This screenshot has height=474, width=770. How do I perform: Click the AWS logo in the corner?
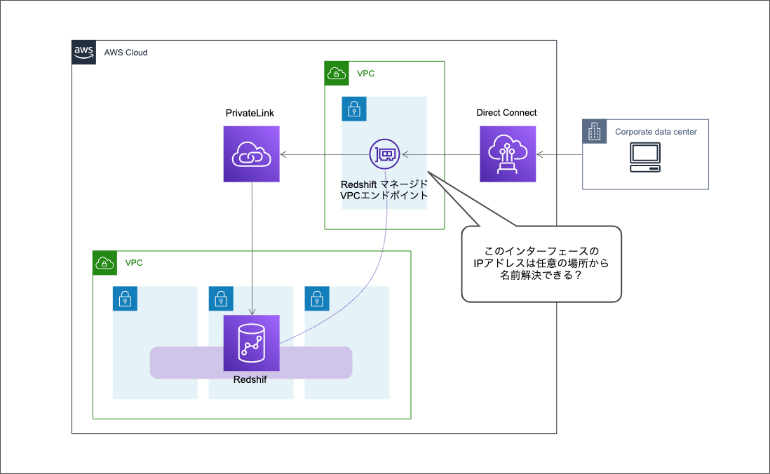click(84, 53)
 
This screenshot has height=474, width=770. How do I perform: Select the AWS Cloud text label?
click(126, 53)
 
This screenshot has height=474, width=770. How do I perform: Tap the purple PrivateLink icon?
click(251, 154)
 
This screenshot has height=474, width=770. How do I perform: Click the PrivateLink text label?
click(250, 113)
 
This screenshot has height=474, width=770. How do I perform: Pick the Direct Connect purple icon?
click(508, 154)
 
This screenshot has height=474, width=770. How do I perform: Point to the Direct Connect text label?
click(506, 113)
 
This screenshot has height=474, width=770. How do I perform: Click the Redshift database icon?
click(251, 343)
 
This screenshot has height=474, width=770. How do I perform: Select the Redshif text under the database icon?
click(250, 379)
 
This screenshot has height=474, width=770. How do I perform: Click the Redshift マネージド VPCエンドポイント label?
click(384, 189)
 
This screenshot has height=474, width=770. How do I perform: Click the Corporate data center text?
click(656, 132)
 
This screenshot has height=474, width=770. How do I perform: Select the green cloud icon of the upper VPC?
click(337, 74)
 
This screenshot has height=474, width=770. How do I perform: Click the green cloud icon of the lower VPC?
click(105, 263)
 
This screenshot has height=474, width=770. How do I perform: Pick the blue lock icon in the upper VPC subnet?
click(354, 109)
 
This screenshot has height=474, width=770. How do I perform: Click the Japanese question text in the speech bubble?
click(541, 264)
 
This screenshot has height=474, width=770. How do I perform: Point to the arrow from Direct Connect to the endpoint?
click(440, 154)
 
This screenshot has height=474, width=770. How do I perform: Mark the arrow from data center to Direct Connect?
click(559, 154)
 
